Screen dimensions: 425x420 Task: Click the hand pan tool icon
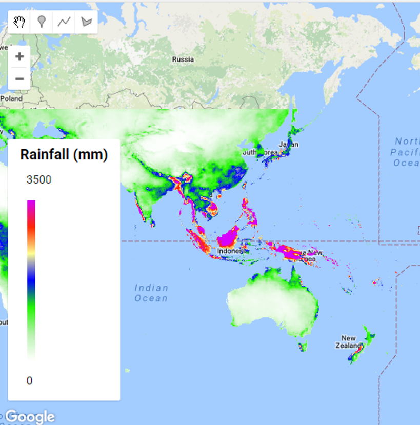click(x=19, y=22)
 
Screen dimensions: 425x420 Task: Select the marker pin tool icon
click(x=42, y=22)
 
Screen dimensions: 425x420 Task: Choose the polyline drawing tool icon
click(x=64, y=22)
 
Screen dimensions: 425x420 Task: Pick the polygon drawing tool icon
click(x=87, y=22)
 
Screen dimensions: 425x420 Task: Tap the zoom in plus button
click(x=19, y=56)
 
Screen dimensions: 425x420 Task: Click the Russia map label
click(x=183, y=59)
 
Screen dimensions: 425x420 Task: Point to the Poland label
click(x=11, y=98)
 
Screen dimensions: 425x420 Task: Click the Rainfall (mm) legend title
click(x=64, y=155)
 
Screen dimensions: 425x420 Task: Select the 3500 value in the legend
click(x=39, y=180)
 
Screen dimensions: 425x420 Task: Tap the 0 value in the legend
click(x=30, y=380)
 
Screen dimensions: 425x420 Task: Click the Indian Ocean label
click(x=151, y=293)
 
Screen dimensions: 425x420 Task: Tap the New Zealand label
click(x=349, y=341)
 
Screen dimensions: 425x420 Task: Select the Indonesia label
click(x=232, y=251)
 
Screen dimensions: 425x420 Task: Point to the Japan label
click(x=288, y=145)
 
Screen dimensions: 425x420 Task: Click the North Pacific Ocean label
click(x=407, y=152)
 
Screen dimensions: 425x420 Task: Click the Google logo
click(x=30, y=416)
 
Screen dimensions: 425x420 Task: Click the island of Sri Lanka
click(x=152, y=223)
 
